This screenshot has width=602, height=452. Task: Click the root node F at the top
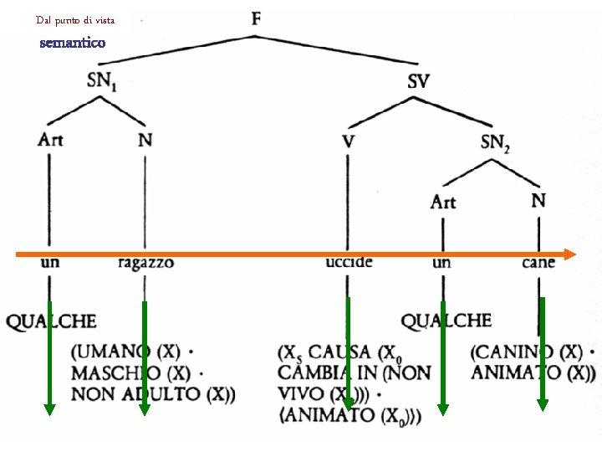(x=256, y=18)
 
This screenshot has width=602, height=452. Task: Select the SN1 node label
(x=103, y=81)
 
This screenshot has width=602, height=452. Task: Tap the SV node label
(x=418, y=81)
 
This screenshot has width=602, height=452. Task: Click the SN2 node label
(x=495, y=143)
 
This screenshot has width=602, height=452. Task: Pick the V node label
(x=348, y=142)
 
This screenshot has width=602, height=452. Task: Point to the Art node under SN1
(x=50, y=139)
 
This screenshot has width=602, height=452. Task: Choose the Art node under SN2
(x=443, y=202)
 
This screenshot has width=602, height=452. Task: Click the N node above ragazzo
(x=145, y=140)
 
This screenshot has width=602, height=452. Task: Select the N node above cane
(x=538, y=201)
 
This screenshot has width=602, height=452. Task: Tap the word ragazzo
(x=146, y=264)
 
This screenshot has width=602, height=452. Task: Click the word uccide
(x=349, y=263)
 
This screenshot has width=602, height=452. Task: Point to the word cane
(x=538, y=263)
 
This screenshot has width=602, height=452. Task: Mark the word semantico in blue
(x=73, y=43)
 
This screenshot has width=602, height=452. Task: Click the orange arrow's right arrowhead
(x=570, y=254)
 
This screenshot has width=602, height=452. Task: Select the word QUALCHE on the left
(x=51, y=321)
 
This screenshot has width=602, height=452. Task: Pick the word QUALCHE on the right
(x=446, y=320)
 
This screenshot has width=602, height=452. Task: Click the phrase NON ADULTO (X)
(x=152, y=393)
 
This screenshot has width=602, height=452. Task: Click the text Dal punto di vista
(x=75, y=19)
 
